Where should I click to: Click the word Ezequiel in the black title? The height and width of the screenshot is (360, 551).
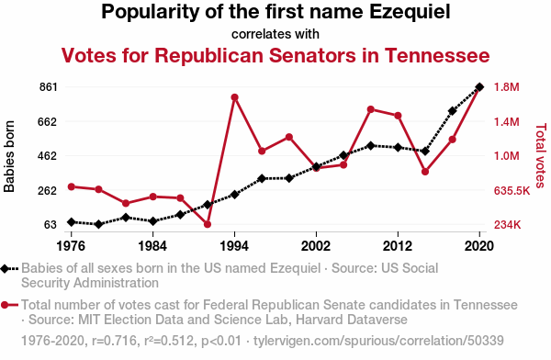410,12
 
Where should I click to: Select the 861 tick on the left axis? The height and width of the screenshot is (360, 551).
48,87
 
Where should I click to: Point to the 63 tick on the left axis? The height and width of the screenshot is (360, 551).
51,225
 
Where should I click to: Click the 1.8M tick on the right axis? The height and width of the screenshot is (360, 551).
506,87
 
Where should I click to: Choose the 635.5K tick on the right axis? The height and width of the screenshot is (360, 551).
512,190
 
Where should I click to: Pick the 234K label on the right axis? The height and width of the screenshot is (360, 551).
507,225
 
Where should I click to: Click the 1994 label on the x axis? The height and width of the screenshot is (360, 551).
234,246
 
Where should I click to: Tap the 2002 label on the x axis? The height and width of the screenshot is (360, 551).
316,246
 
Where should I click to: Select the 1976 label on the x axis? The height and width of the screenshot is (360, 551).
71,246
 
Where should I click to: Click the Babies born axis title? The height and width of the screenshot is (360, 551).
9,156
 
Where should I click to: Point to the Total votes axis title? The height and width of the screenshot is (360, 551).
541,155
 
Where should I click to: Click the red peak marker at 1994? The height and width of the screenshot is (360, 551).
235,97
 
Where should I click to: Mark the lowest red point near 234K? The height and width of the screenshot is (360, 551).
208,224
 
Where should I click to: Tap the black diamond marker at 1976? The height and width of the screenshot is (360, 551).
72,222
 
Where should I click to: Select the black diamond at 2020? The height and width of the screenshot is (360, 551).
479,87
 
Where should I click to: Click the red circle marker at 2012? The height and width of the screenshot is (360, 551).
398,116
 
